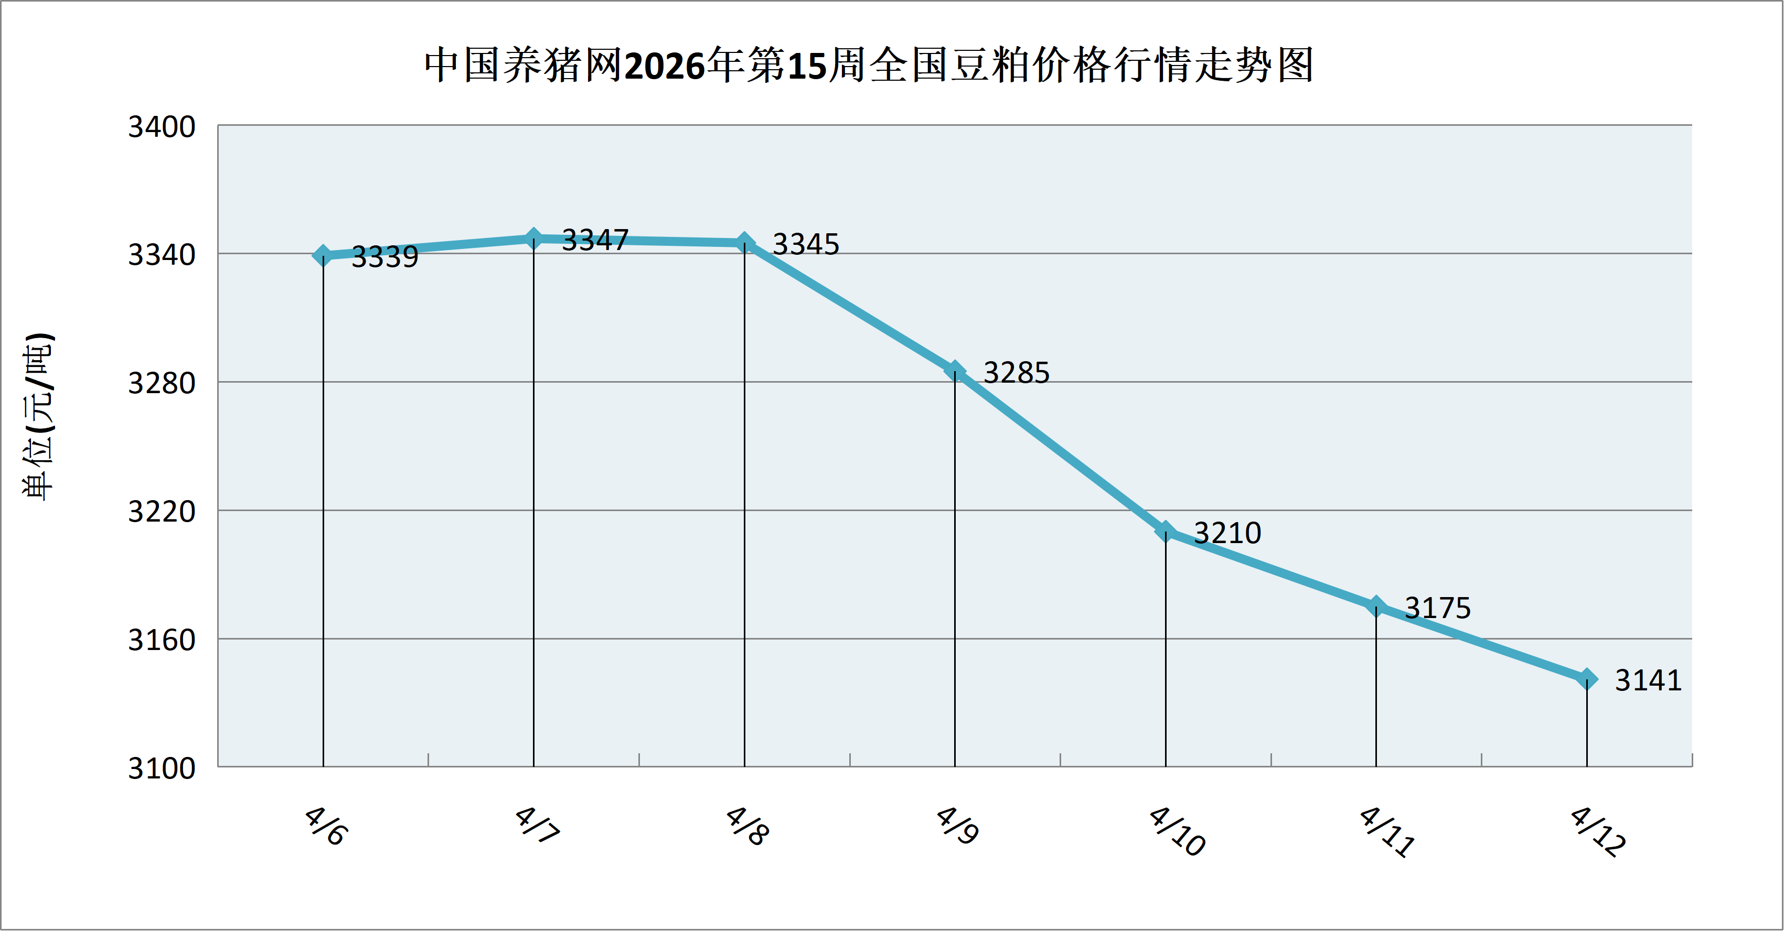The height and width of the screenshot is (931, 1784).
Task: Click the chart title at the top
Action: click(x=869, y=66)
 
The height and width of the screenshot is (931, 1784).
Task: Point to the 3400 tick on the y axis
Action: click(x=162, y=127)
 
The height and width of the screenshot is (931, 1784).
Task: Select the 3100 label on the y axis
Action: click(x=162, y=768)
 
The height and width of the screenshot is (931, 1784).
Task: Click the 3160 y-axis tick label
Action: click(x=162, y=640)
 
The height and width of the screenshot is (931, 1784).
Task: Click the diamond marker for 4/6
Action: click(x=323, y=255)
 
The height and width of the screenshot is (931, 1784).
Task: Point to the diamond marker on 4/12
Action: click(x=1587, y=679)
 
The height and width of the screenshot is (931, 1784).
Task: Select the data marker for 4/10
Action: click(x=1166, y=531)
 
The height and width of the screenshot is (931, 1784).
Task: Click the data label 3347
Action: click(x=595, y=240)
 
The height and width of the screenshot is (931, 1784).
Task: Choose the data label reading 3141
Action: click(x=1648, y=680)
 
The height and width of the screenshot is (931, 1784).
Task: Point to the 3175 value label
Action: click(x=1437, y=608)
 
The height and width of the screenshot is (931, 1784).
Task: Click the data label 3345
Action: click(x=805, y=244)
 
